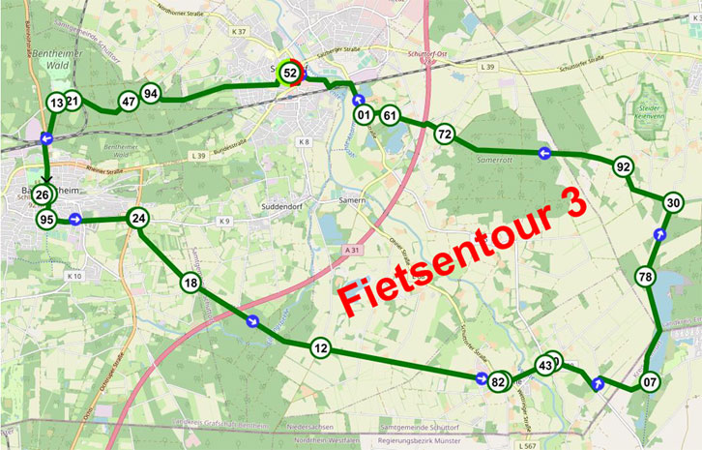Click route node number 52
(289, 73)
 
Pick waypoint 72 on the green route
(445, 135)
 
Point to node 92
(624, 167)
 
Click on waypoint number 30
(674, 202)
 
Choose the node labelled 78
(646, 278)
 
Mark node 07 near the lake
(650, 381)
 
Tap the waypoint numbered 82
(499, 382)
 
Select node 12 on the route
(321, 348)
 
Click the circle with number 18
(190, 283)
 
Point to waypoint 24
(139, 219)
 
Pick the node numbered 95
(46, 220)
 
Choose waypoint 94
(150, 94)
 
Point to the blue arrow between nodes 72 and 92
(544, 153)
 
